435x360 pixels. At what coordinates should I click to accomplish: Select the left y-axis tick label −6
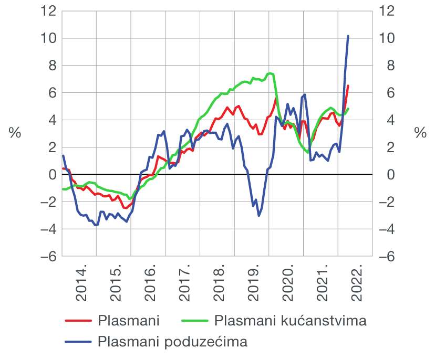pos(45,257)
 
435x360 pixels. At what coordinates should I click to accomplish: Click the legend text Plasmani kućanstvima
pos(290,320)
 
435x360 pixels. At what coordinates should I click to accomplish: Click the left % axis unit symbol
pos(15,133)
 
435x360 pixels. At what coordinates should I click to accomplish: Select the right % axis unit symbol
pos(420,133)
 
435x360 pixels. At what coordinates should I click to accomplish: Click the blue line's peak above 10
pos(348,36)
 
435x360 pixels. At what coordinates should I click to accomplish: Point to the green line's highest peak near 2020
pos(270,73)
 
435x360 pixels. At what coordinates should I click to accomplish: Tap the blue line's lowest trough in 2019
pos(258,215)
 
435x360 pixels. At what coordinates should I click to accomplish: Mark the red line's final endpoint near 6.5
pos(348,86)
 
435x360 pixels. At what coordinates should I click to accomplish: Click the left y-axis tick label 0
pos(51,175)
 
